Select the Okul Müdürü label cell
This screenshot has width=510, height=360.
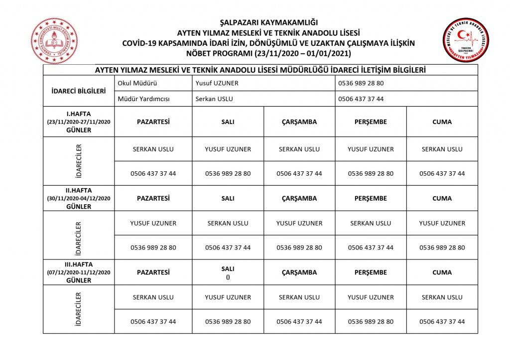point(133,83)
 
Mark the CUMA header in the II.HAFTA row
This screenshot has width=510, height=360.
point(442,198)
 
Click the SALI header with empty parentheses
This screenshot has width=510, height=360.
point(228,272)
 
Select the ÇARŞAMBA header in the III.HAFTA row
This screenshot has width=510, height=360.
point(299,272)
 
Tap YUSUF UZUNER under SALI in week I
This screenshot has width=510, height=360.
point(228,149)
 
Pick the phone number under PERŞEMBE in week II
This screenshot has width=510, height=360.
point(371,247)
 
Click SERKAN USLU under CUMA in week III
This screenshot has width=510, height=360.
point(442,297)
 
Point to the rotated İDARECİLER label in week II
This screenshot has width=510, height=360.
point(79,235)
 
